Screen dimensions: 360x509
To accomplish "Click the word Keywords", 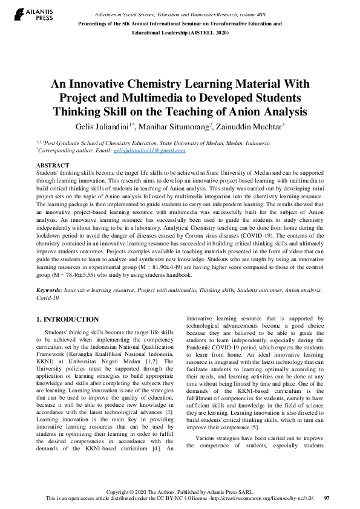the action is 50,291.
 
